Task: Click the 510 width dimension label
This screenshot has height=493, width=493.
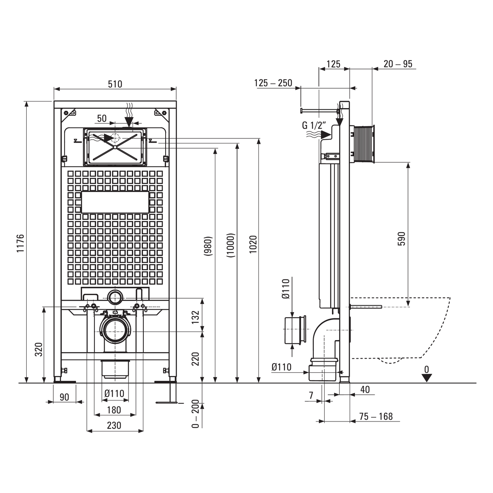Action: click(115, 84)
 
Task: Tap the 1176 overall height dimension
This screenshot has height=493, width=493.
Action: click(21, 243)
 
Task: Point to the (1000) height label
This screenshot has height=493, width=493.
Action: click(230, 245)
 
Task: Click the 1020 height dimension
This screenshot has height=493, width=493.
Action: click(253, 244)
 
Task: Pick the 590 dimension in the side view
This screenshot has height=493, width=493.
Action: click(401, 238)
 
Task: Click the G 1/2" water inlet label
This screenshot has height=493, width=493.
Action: click(314, 125)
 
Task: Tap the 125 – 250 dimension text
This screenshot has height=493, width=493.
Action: click(273, 83)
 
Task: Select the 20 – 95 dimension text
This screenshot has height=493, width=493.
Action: click(398, 64)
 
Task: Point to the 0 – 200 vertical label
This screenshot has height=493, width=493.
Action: click(195, 414)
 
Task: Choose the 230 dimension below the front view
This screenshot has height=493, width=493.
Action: click(114, 426)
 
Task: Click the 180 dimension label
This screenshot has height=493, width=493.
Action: click(114, 410)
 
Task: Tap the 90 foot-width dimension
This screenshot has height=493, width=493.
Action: click(64, 397)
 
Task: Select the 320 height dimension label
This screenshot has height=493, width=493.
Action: click(39, 350)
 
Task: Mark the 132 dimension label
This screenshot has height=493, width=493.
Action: click(195, 317)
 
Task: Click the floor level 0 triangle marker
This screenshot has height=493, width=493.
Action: click(426, 378)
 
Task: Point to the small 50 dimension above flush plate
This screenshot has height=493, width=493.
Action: click(102, 118)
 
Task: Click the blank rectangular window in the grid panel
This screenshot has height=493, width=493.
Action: click(115, 202)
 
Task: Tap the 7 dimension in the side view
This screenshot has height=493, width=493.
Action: click(311, 396)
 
